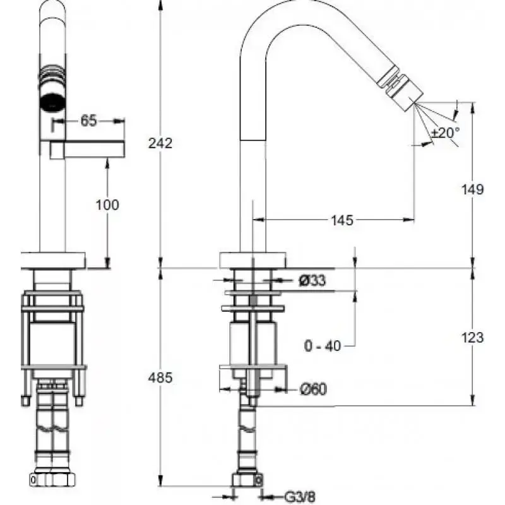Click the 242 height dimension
pyautogui.click(x=161, y=143)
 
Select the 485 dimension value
pyautogui.click(x=161, y=377)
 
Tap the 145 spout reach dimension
pyautogui.click(x=341, y=220)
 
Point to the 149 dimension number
pyautogui.click(x=472, y=189)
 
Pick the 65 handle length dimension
pyautogui.click(x=88, y=121)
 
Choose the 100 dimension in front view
pyautogui.click(x=108, y=205)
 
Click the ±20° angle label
pyautogui.click(x=446, y=133)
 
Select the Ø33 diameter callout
pyautogui.click(x=312, y=281)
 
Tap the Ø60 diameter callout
pyautogui.click(x=312, y=390)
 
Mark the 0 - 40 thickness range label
pyautogui.click(x=322, y=345)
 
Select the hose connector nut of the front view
pyautogui.click(x=52, y=479)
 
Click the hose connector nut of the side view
pyautogui.click(x=247, y=479)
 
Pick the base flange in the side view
pyautogui.click(x=252, y=259)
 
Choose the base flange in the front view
pyautogui.click(x=52, y=260)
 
